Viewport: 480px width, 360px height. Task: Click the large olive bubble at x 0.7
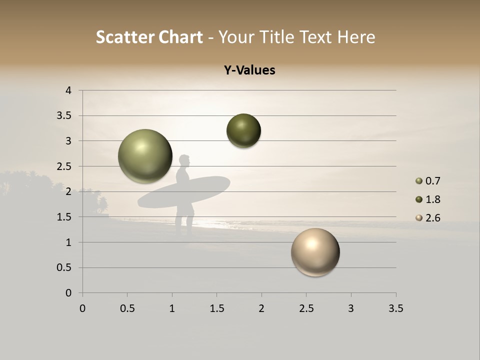tap(145, 156)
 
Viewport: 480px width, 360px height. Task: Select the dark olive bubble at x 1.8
tap(243, 131)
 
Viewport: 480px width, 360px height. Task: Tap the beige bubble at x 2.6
tap(315, 252)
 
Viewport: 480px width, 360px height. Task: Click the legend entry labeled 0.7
tap(428, 181)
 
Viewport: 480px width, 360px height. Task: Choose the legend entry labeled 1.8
tap(428, 199)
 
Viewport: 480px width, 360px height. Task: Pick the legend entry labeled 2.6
tap(428, 218)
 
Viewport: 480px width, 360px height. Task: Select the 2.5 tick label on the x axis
tap(306, 308)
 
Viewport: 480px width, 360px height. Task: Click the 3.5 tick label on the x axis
tap(395, 308)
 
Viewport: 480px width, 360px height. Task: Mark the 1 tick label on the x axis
tap(172, 308)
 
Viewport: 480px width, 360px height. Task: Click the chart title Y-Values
tap(249, 70)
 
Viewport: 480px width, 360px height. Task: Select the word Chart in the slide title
tap(180, 37)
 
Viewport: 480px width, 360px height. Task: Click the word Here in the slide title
tap(356, 37)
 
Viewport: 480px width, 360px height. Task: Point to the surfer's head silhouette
tap(184, 161)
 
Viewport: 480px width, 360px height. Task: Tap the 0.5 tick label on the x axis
tap(127, 308)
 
